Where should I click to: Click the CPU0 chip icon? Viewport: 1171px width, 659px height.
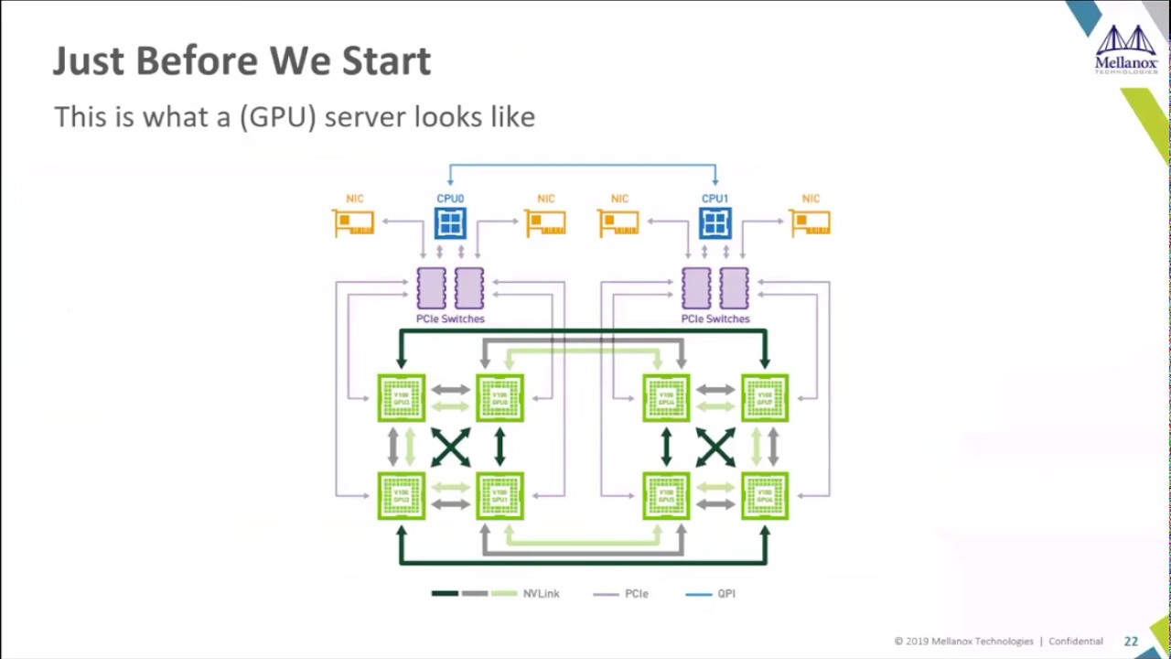point(450,223)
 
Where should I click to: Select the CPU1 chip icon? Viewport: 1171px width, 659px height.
point(714,223)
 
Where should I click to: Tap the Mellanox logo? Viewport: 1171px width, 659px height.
point(1126,49)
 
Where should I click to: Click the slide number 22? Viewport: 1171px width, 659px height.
point(1131,642)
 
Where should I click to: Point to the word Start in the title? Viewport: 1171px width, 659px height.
point(386,61)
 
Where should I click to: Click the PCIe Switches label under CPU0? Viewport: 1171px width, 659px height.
point(450,319)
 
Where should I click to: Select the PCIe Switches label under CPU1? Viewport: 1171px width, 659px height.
point(714,319)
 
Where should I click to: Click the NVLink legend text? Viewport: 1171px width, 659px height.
point(541,594)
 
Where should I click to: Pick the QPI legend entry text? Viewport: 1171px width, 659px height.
point(726,594)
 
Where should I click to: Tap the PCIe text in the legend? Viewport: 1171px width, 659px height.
point(636,594)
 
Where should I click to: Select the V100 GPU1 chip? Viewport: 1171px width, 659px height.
point(500,496)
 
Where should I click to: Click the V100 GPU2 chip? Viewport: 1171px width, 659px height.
point(401,496)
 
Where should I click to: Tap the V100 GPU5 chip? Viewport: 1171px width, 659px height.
point(666,496)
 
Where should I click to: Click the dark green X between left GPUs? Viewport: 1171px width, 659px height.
point(450,448)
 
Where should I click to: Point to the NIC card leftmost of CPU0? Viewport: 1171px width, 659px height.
point(355,223)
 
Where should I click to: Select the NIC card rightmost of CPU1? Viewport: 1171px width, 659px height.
point(811,223)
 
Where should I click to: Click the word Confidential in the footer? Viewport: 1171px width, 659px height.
point(1075,642)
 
